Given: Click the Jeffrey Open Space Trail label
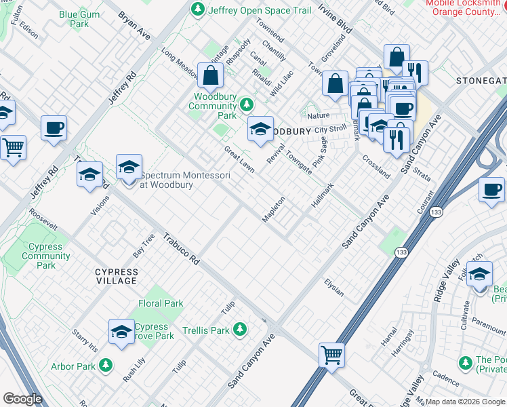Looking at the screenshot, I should [260, 10].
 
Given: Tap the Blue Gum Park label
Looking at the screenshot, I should [74, 19].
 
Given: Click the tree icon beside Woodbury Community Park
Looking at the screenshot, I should [247, 104].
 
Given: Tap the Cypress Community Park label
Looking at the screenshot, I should [45, 256].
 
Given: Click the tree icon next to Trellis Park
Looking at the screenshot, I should [239, 330].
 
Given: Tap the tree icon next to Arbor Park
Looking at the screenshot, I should [105, 366].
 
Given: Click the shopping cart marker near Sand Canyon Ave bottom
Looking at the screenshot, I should [331, 354].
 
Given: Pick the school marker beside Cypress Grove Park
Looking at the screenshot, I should [121, 332].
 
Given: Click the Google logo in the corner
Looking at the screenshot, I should [22, 399].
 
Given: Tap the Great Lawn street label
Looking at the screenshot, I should [239, 159].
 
